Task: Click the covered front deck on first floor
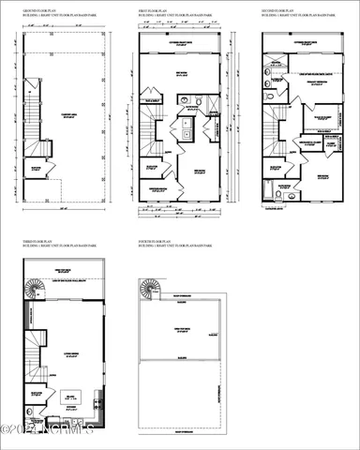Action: [x=182, y=44]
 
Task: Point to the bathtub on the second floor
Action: [x=278, y=194]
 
